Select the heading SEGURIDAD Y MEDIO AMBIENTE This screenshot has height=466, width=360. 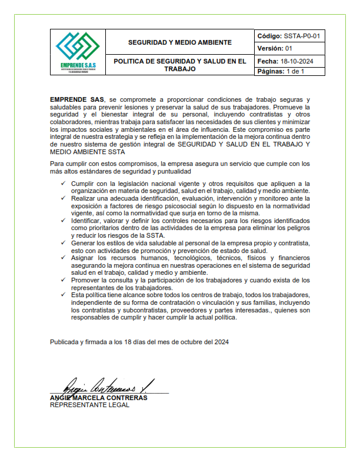coord(180,42)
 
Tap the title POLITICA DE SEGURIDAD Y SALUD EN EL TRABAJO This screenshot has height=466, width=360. coord(180,65)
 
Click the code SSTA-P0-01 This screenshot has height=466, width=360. coord(301,36)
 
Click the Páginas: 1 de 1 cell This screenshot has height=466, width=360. coord(281,72)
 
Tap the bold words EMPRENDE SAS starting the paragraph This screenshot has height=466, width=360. coord(74,101)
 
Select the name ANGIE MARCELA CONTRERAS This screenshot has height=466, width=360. coord(98,398)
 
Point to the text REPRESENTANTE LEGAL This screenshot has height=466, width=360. coord(89,405)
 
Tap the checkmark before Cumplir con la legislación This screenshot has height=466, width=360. coord(63,184)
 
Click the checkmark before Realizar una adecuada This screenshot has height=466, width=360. coord(63,199)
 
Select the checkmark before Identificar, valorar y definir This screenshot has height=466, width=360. coord(63,221)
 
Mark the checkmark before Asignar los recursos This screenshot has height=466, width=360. coord(63,258)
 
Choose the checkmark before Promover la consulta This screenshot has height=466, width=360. coord(63,280)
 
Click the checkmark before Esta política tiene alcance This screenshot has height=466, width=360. coord(63,295)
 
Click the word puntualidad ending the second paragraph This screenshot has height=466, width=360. coord(171,171)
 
